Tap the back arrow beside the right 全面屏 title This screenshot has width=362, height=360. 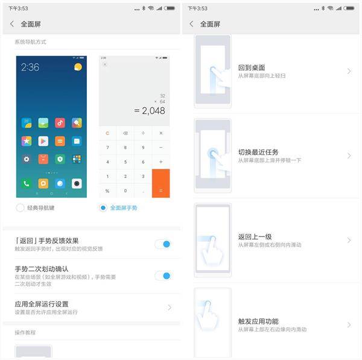[x=191, y=24]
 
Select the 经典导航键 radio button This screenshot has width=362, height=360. [x=20, y=207]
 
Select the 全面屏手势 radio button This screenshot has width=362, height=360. [x=103, y=207]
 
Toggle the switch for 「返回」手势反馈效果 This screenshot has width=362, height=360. [x=163, y=244]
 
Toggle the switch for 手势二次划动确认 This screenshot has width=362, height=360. [x=163, y=276]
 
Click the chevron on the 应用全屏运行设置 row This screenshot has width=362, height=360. [x=170, y=308]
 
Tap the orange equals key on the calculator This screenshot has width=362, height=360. [x=160, y=183]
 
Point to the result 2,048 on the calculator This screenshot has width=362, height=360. [x=150, y=110]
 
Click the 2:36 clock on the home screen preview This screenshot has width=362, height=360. [x=31, y=68]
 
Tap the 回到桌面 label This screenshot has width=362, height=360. [x=251, y=68]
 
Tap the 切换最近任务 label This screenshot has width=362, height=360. [x=258, y=152]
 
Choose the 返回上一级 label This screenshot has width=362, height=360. [x=255, y=237]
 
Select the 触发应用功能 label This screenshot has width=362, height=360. [x=258, y=321]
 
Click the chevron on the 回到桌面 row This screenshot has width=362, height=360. [x=349, y=71]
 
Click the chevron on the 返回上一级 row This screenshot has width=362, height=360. [x=349, y=240]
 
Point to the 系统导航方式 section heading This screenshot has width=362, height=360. [x=31, y=42]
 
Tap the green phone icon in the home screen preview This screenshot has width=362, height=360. [x=27, y=183]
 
